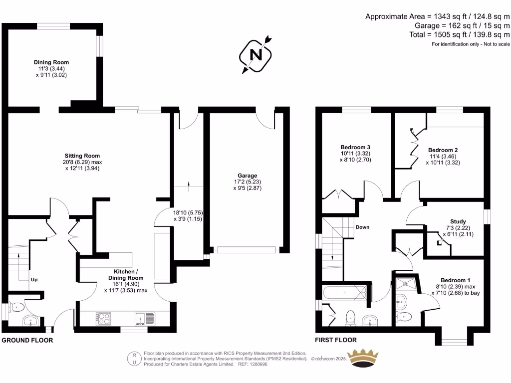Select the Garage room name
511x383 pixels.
click(247, 176)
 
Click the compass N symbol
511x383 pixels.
click(256, 54)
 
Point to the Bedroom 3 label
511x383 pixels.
click(355, 147)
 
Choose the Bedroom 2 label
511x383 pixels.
click(443, 150)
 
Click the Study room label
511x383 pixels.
click(458, 221)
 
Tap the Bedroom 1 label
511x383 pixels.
click(455, 280)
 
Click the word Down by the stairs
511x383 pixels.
click(362, 227)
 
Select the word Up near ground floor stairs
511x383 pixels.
click(34, 280)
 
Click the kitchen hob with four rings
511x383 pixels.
click(103, 318)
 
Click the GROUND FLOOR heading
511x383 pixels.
click(27, 340)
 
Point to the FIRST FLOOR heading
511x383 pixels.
click(336, 340)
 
